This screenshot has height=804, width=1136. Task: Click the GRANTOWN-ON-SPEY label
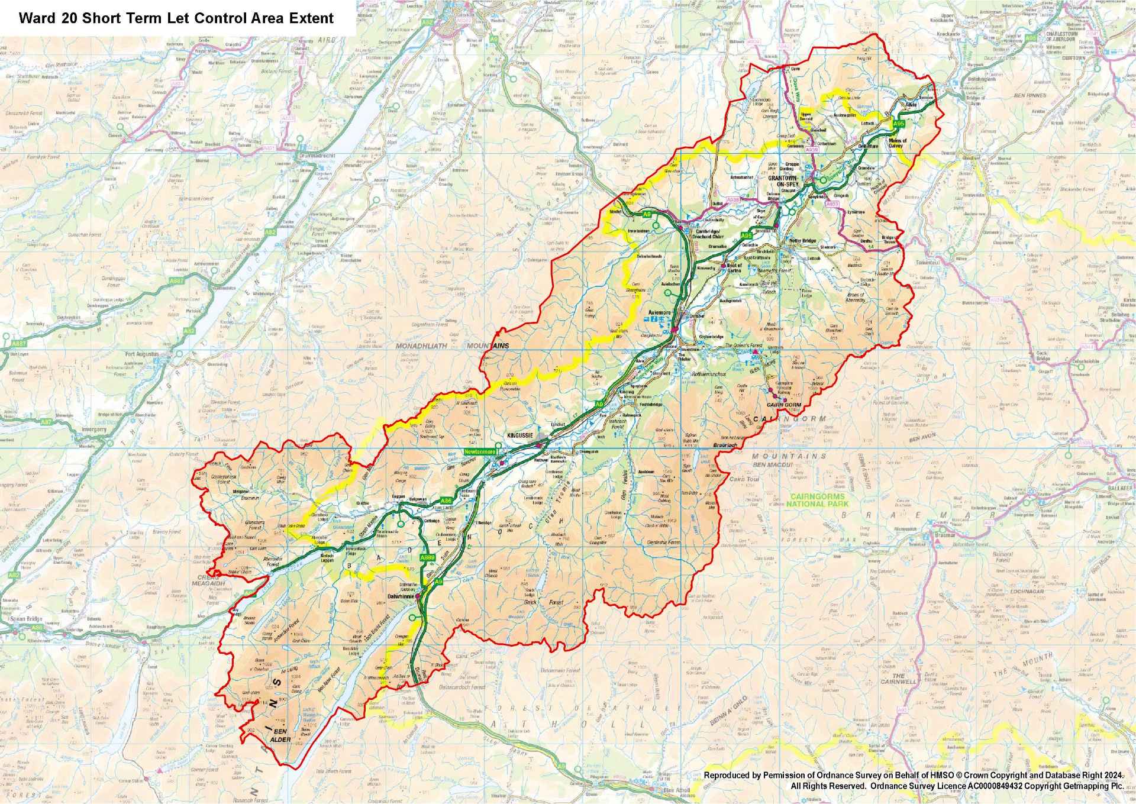[x=783, y=180]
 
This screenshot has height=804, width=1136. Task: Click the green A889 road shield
[x=427, y=557]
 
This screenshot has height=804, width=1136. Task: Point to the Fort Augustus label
[x=142, y=354]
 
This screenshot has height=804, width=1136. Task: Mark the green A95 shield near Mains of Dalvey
[x=899, y=123]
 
